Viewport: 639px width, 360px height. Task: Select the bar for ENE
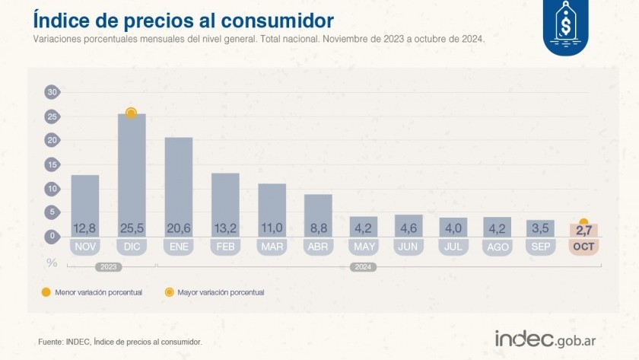point(178,183)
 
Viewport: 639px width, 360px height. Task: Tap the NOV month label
point(84,247)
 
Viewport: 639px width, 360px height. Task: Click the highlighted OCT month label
point(583,247)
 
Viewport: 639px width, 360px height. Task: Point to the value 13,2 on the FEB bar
point(224,228)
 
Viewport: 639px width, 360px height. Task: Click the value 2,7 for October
point(583,229)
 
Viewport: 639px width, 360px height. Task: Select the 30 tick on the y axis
point(52,92)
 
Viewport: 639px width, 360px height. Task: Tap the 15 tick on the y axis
point(52,164)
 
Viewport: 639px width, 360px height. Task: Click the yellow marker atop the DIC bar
point(131,113)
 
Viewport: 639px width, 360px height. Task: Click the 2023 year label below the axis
point(107,267)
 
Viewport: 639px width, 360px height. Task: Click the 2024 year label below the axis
point(362,267)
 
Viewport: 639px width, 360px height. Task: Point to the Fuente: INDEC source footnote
point(120,342)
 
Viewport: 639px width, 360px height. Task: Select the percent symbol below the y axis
point(52,263)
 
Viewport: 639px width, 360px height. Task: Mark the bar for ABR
point(318,213)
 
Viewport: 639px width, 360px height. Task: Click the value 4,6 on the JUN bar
point(408,228)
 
